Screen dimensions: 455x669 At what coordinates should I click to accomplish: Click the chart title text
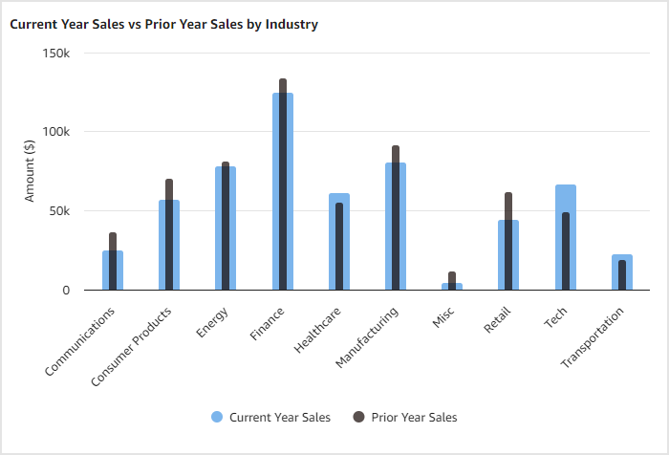(x=163, y=24)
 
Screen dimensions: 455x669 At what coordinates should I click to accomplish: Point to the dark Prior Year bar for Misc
(x=452, y=278)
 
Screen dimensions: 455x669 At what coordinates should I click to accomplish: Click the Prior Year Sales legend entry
(x=405, y=417)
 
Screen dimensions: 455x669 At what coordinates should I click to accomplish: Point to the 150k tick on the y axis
(x=56, y=53)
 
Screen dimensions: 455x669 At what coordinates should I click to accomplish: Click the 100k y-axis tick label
(x=56, y=132)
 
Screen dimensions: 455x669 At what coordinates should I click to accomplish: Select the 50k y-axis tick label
(x=59, y=210)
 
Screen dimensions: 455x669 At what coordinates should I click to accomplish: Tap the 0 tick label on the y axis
(x=65, y=290)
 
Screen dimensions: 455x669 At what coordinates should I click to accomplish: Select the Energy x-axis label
(x=213, y=322)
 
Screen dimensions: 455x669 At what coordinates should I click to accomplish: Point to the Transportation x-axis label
(x=593, y=337)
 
